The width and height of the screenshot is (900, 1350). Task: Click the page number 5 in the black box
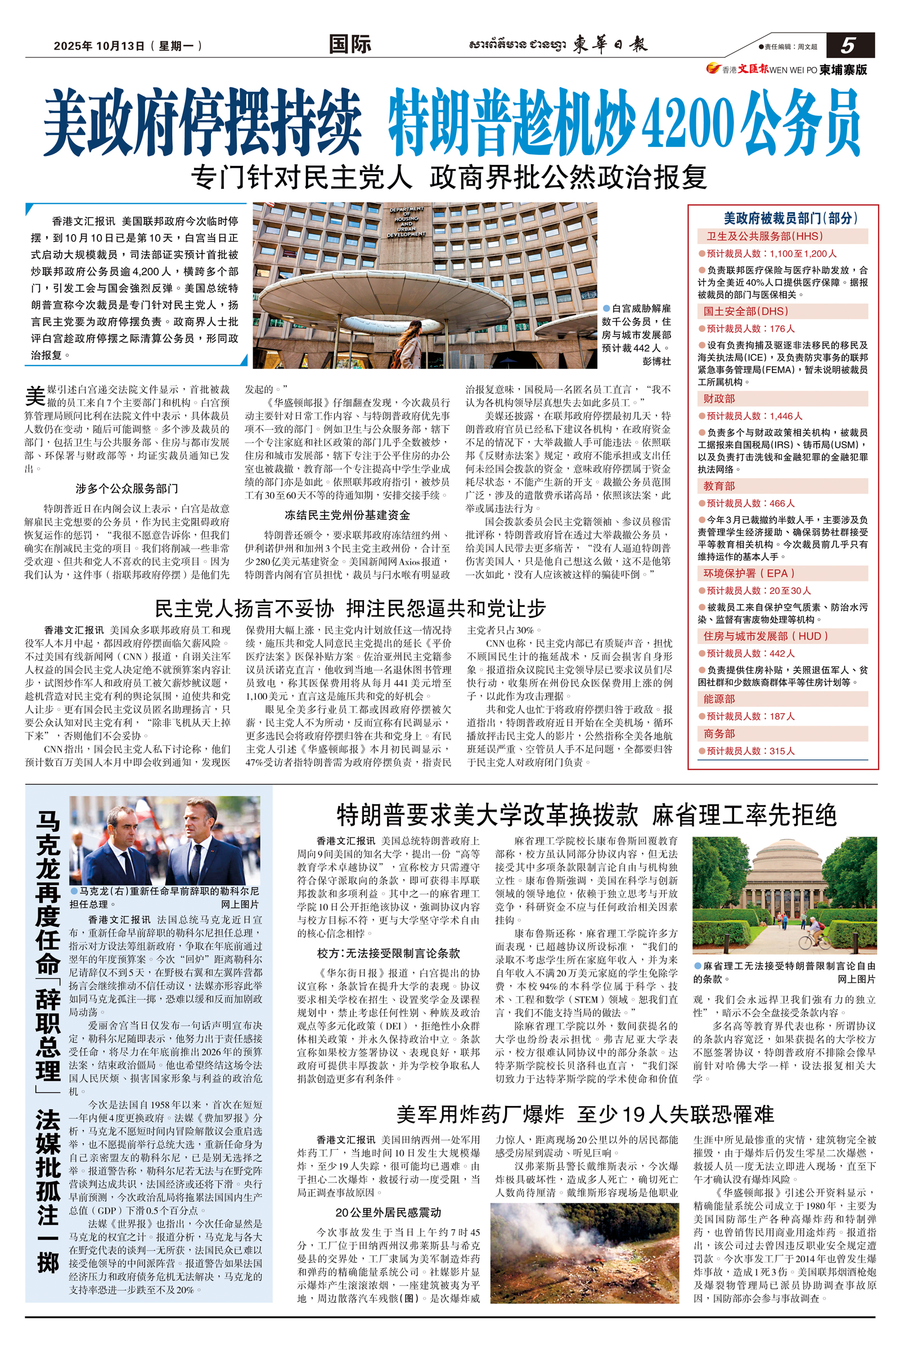[848, 46]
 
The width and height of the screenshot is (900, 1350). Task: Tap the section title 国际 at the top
[349, 44]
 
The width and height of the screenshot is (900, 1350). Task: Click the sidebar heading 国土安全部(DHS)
[746, 311]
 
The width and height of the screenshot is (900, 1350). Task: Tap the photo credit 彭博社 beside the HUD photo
[656, 361]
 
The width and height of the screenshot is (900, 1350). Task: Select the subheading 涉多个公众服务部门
[127, 488]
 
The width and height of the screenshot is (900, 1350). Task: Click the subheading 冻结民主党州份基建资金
[347, 515]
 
